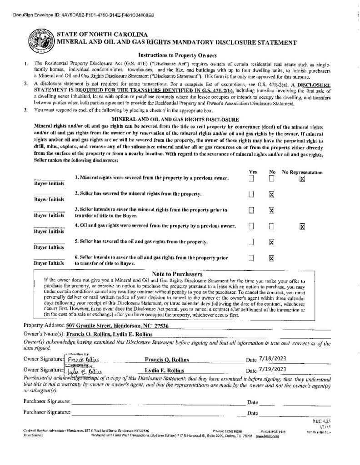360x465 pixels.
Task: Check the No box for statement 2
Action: pyautogui.click(x=271, y=194)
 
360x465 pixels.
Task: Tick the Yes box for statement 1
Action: pyautogui.click(x=251, y=178)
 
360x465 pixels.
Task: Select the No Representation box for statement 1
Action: pyautogui.click(x=302, y=179)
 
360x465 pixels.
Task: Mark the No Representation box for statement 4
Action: pyautogui.click(x=302, y=226)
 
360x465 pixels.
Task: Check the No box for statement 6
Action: pyautogui.click(x=271, y=258)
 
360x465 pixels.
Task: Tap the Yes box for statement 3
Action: pyautogui.click(x=251, y=210)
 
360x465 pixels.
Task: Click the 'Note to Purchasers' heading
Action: pyautogui.click(x=171, y=274)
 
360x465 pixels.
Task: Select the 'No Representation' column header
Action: pyautogui.click(x=302, y=172)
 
